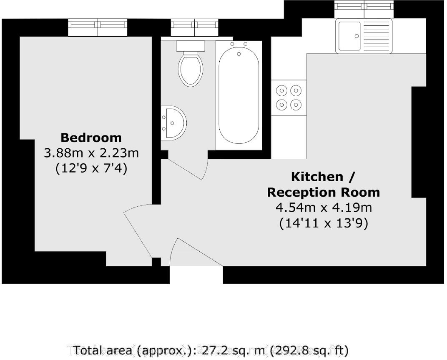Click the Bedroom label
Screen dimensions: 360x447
(91, 137)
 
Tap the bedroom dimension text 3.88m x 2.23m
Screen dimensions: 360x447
(91, 153)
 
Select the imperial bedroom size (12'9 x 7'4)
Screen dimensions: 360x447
(91, 168)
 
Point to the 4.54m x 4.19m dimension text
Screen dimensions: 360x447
(323, 207)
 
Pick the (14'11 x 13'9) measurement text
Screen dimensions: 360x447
(323, 223)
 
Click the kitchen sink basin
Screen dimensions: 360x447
(350, 36)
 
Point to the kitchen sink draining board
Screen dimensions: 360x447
(377, 36)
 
